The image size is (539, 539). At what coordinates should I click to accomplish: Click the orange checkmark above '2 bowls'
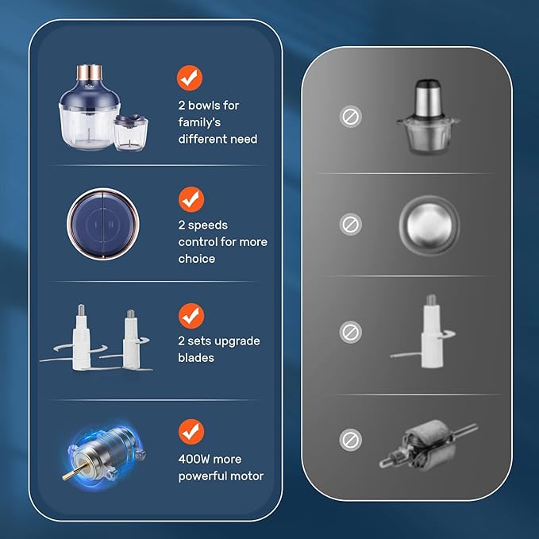click(190, 78)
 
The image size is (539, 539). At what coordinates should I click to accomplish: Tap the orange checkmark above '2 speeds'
click(191, 199)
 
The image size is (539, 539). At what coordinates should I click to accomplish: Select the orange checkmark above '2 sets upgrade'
click(191, 316)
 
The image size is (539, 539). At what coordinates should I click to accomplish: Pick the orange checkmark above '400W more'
click(191, 432)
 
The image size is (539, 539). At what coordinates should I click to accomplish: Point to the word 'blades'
click(196, 358)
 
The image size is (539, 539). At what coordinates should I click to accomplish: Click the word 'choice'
click(197, 259)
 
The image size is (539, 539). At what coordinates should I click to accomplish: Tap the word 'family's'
click(199, 122)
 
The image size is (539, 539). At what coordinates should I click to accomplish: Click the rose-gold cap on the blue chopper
click(89, 71)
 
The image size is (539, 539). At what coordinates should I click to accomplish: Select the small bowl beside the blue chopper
click(131, 133)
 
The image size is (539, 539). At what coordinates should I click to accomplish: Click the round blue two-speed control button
click(102, 224)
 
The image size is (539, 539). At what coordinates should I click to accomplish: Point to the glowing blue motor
click(105, 454)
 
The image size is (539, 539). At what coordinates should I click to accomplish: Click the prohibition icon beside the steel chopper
click(351, 117)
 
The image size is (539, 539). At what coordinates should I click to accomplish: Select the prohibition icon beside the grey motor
click(351, 440)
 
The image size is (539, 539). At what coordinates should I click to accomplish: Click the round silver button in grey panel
click(429, 225)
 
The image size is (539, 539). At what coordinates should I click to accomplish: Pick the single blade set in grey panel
click(424, 331)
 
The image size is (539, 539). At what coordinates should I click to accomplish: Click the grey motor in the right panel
click(428, 445)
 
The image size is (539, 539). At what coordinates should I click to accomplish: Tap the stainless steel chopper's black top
click(427, 83)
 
